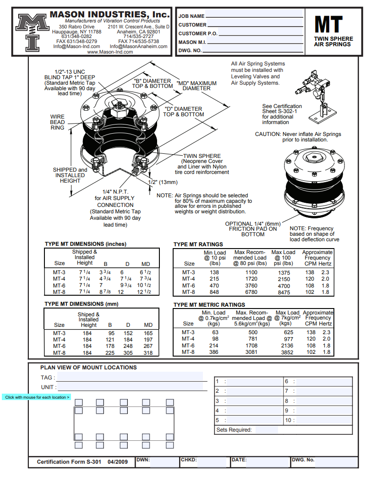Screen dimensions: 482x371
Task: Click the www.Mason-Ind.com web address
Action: click(110, 52)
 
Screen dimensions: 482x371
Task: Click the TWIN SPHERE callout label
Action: click(202, 156)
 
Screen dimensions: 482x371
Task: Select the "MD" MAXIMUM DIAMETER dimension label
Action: click(196, 86)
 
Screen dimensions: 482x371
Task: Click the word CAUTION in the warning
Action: click(267, 134)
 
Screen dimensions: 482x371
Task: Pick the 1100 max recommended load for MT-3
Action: click(251, 272)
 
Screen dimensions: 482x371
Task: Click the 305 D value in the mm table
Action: click(128, 352)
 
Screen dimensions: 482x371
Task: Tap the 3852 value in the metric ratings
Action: click(287, 352)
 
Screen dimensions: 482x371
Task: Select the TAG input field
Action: click(130, 378)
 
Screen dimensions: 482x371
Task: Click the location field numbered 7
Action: click(323, 391)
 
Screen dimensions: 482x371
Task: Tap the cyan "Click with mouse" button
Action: click(37, 397)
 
